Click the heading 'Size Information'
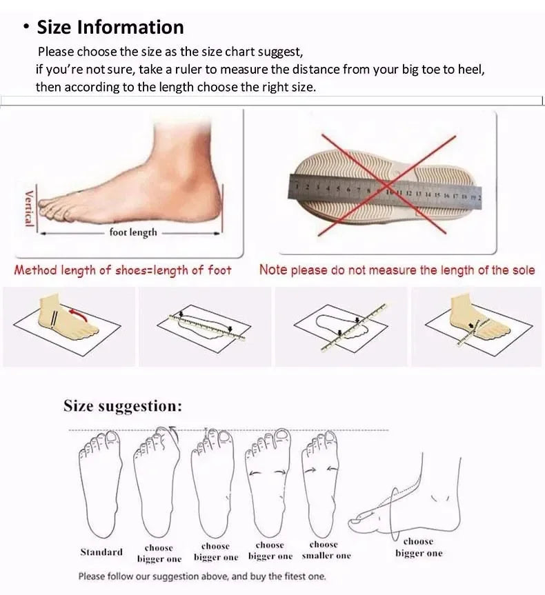(x=110, y=28)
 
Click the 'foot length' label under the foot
(x=133, y=233)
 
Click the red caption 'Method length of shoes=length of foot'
(x=123, y=270)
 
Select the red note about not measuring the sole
(x=397, y=270)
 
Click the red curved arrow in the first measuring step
(x=80, y=316)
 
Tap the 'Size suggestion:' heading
(x=123, y=406)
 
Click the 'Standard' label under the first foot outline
(x=101, y=552)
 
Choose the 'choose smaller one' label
(x=326, y=549)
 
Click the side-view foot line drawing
(x=414, y=496)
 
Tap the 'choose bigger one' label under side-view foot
(x=419, y=547)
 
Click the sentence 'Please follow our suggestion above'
(x=201, y=576)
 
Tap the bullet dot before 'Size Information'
(x=26, y=28)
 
